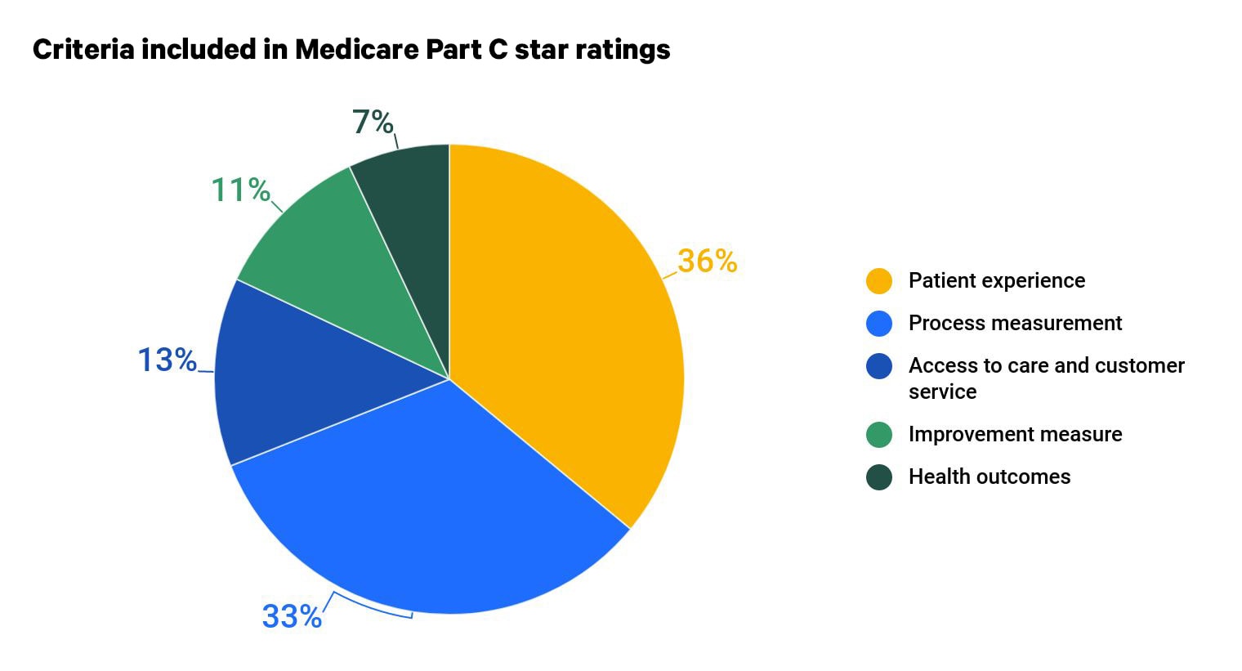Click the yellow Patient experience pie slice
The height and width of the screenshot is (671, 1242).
pos(564,327)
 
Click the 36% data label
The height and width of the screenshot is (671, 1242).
pos(707,261)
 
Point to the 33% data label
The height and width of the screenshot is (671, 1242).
pos(292,615)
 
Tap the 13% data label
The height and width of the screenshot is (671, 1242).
pos(167,360)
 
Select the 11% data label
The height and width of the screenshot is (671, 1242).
pos(240,190)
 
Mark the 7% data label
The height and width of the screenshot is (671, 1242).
pos(373,122)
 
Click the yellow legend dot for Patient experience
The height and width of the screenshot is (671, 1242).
pos(879,280)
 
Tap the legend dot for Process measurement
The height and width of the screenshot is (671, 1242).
pos(879,323)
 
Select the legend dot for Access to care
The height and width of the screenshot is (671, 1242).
pos(879,365)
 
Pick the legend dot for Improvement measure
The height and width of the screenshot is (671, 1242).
pos(879,434)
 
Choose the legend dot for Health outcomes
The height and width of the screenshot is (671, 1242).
pos(879,476)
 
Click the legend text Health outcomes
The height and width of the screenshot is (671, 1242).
pos(989,476)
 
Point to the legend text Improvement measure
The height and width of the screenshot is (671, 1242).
pos(1015,434)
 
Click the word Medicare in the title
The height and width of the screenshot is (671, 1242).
pos(356,50)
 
